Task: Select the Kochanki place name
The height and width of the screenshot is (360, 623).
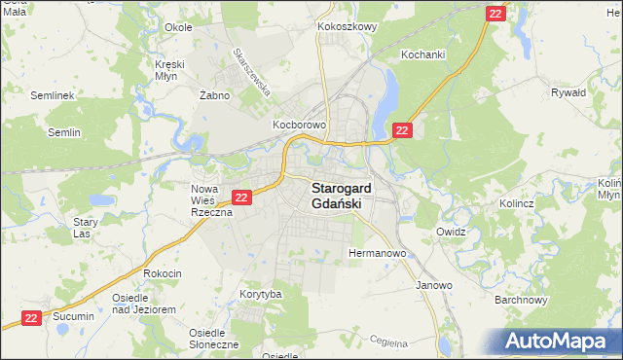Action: tap(423, 55)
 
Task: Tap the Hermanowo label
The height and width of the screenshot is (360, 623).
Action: tap(377, 253)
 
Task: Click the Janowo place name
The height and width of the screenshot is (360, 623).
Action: tap(434, 285)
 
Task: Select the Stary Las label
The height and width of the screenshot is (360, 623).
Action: tap(86, 228)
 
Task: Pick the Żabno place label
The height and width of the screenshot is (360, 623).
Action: tap(213, 95)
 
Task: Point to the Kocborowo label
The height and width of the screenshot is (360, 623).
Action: tap(298, 126)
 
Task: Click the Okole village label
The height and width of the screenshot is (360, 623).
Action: tap(178, 27)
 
